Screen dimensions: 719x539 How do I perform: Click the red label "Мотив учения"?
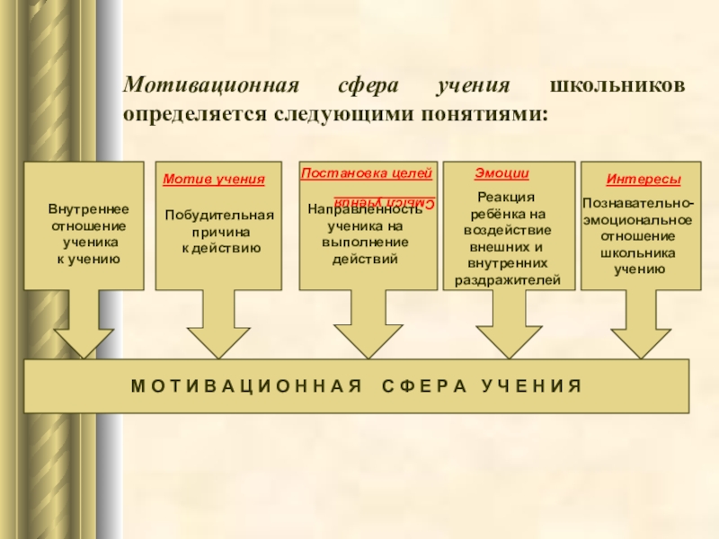coord(214,180)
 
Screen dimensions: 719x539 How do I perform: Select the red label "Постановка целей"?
coord(367,172)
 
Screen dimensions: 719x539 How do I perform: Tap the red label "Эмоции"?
coord(502,173)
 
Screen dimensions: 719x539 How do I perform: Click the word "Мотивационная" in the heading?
coord(210,87)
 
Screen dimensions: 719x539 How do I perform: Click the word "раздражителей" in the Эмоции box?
coord(508,280)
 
